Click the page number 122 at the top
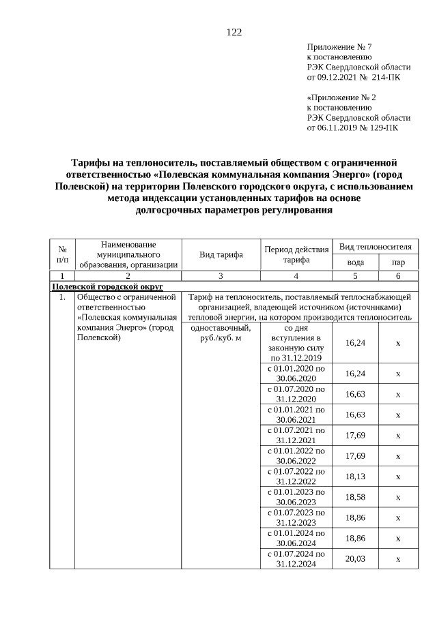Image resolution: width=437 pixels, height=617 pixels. (234, 32)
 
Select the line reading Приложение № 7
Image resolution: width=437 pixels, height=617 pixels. (339, 47)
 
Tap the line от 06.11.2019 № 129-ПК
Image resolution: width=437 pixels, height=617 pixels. (353, 127)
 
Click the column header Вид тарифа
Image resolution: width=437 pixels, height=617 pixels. (221, 255)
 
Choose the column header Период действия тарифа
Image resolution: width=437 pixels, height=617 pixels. (296, 255)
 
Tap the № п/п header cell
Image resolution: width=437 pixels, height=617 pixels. (62, 255)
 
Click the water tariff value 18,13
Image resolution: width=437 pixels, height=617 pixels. (355, 477)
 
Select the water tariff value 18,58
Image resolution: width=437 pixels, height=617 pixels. (355, 497)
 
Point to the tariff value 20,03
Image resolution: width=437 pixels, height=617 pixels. (355, 558)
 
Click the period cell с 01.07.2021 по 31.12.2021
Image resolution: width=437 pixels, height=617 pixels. (296, 435)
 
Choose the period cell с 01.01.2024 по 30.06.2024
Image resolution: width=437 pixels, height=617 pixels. (296, 538)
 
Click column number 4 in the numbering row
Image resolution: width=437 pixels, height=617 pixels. (296, 275)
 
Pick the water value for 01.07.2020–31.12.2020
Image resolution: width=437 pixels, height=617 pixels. (355, 394)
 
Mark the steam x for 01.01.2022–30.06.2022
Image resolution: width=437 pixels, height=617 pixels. (398, 455)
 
